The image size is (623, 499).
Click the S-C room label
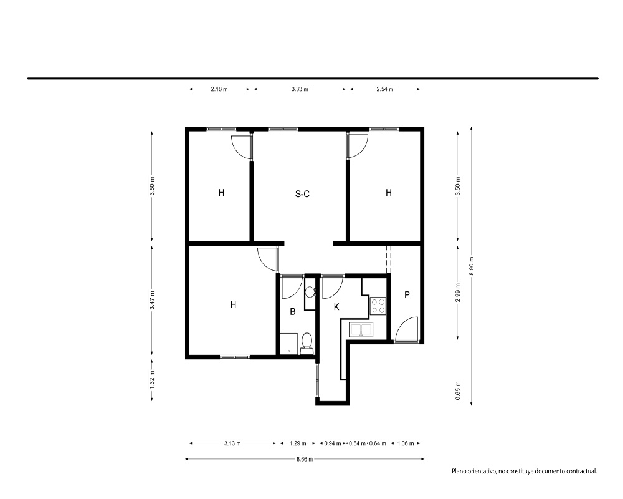pyautogui.click(x=302, y=194)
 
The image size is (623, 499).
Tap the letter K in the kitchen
pyautogui.click(x=336, y=307)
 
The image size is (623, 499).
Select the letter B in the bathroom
pyautogui.click(x=293, y=312)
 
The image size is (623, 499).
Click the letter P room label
pyautogui.click(x=407, y=295)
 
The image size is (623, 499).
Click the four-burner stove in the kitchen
pyautogui.click(x=378, y=306)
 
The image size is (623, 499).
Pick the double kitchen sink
pyautogui.click(x=361, y=329)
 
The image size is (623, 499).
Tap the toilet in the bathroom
pyautogui.click(x=307, y=344)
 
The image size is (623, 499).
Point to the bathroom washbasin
pyautogui.click(x=310, y=292)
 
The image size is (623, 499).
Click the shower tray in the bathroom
pyautogui.click(x=289, y=344)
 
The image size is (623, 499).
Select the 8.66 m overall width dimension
pyautogui.click(x=305, y=459)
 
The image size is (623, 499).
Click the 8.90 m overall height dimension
pyautogui.click(x=471, y=266)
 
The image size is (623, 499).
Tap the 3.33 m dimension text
pyautogui.click(x=300, y=89)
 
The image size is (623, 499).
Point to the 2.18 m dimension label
pyautogui.click(x=219, y=89)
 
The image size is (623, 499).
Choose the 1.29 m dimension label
pyautogui.click(x=298, y=443)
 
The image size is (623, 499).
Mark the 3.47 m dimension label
pyautogui.click(x=152, y=300)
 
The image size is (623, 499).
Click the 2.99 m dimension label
pyautogui.click(x=458, y=293)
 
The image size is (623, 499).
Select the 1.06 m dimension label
pyautogui.click(x=406, y=443)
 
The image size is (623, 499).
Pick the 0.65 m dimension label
pyautogui.click(x=458, y=390)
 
